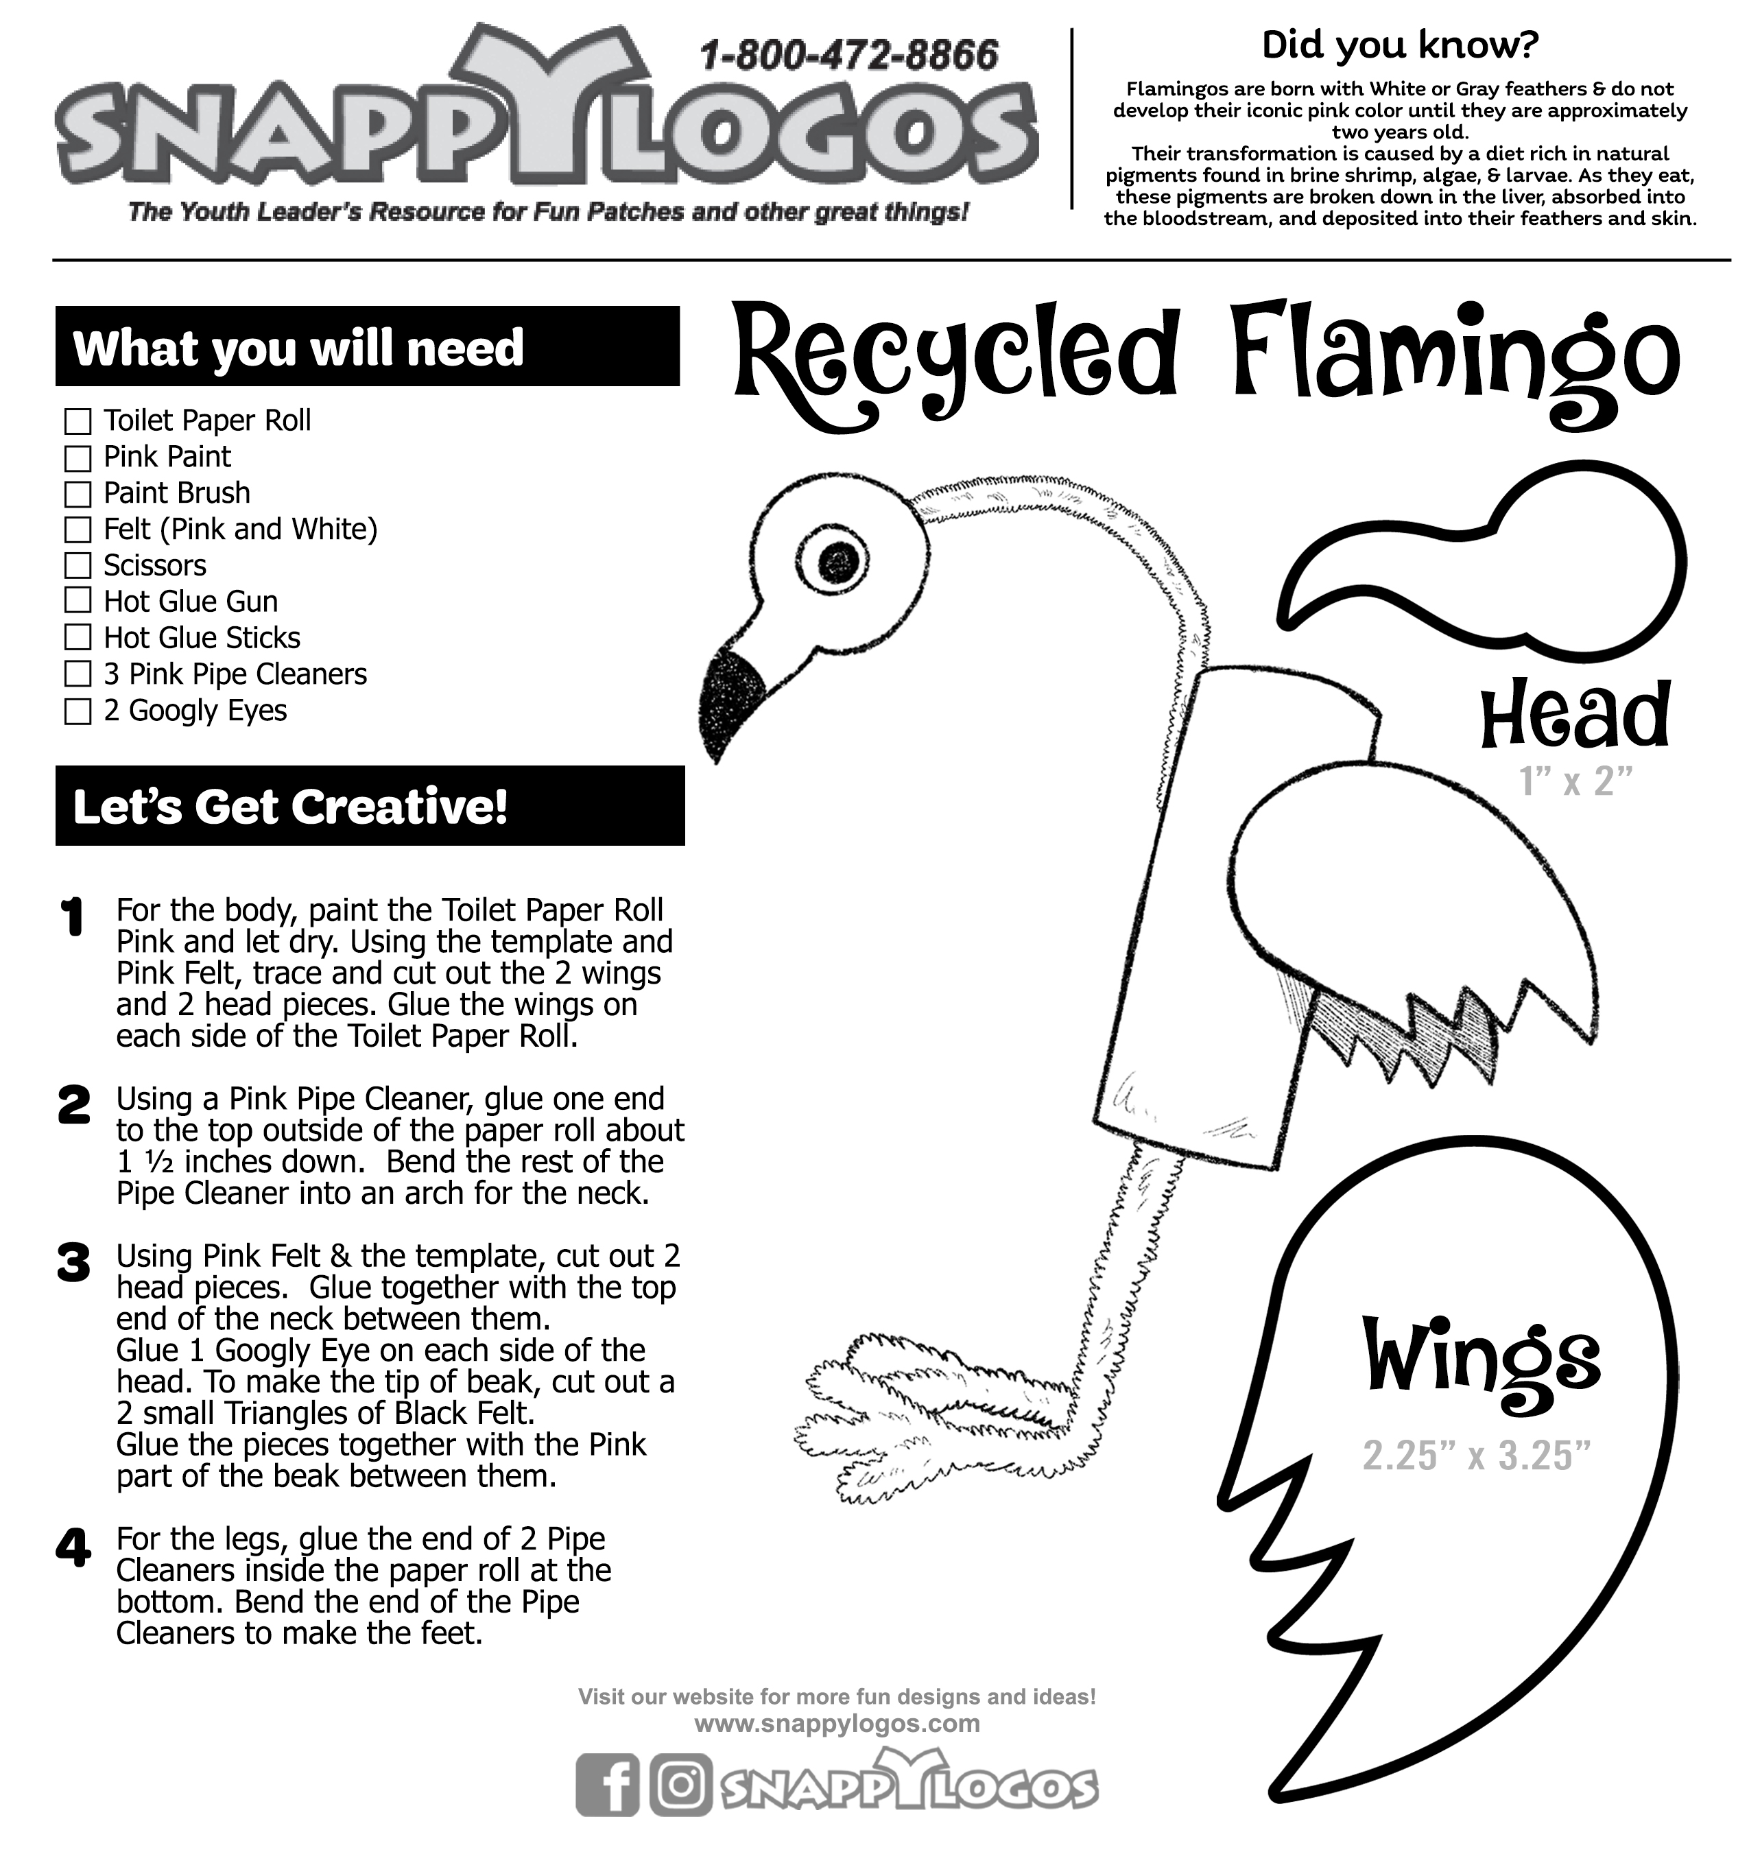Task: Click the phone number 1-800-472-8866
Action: point(848,57)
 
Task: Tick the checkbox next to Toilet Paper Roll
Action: point(78,422)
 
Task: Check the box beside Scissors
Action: point(78,566)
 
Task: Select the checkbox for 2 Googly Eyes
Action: point(78,711)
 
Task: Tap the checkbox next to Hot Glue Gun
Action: point(78,602)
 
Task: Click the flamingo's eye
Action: point(839,560)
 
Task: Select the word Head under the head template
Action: point(1575,715)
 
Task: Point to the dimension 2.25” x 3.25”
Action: point(1476,1456)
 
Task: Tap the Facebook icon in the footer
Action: point(607,1785)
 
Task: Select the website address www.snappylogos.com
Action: point(837,1723)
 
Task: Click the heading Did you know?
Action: point(1399,45)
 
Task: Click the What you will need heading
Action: point(298,348)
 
